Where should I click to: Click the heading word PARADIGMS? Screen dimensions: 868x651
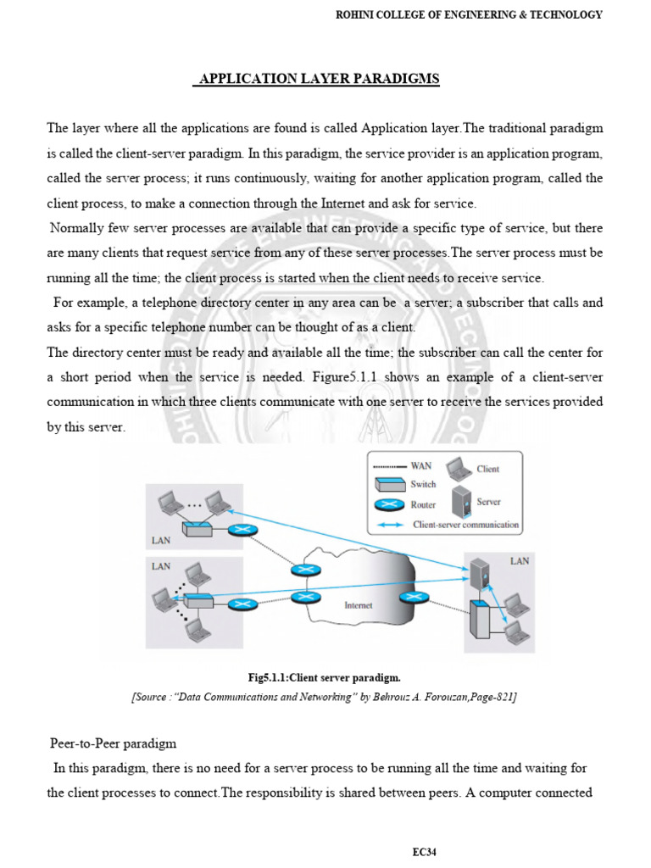(398, 79)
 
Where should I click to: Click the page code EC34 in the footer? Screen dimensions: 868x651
(426, 852)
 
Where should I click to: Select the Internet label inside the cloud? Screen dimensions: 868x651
(358, 605)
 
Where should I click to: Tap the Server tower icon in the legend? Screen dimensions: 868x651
(460, 501)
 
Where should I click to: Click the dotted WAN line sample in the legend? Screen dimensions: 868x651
(390, 466)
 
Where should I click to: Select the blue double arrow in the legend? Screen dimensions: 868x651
(392, 525)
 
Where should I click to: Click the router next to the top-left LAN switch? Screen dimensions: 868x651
(242, 532)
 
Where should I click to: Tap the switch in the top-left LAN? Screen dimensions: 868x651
(198, 527)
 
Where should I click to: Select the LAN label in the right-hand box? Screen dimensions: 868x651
(519, 561)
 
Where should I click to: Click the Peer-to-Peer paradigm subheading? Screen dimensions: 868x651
(113, 743)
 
